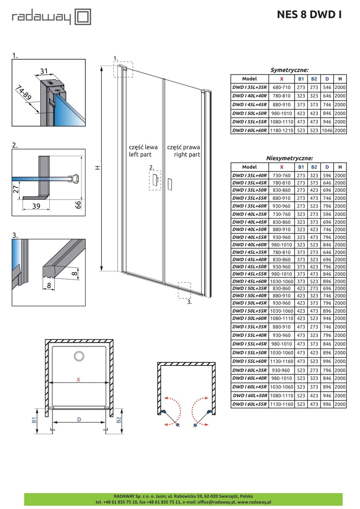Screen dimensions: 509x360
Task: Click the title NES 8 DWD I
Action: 309,15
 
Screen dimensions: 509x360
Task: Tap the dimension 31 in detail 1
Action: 44,71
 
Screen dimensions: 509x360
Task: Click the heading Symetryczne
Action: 289,70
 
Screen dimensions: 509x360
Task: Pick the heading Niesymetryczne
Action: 289,158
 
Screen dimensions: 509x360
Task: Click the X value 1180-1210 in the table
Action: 282,130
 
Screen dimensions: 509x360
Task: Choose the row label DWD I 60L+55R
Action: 249,404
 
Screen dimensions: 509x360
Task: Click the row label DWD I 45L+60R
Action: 249,282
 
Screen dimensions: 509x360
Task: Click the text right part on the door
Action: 187,154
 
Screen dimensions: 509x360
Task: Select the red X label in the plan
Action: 78,380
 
